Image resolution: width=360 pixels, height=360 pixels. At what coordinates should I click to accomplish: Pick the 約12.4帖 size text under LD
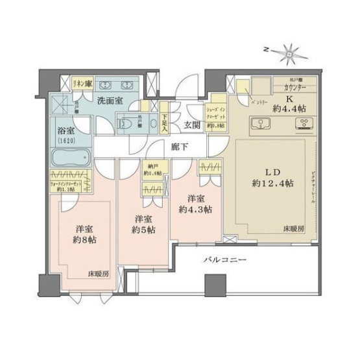click(274, 184)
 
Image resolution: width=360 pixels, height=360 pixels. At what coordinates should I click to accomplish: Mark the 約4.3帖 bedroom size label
click(197, 210)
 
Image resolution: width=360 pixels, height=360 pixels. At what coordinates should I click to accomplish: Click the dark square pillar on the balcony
click(211, 283)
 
